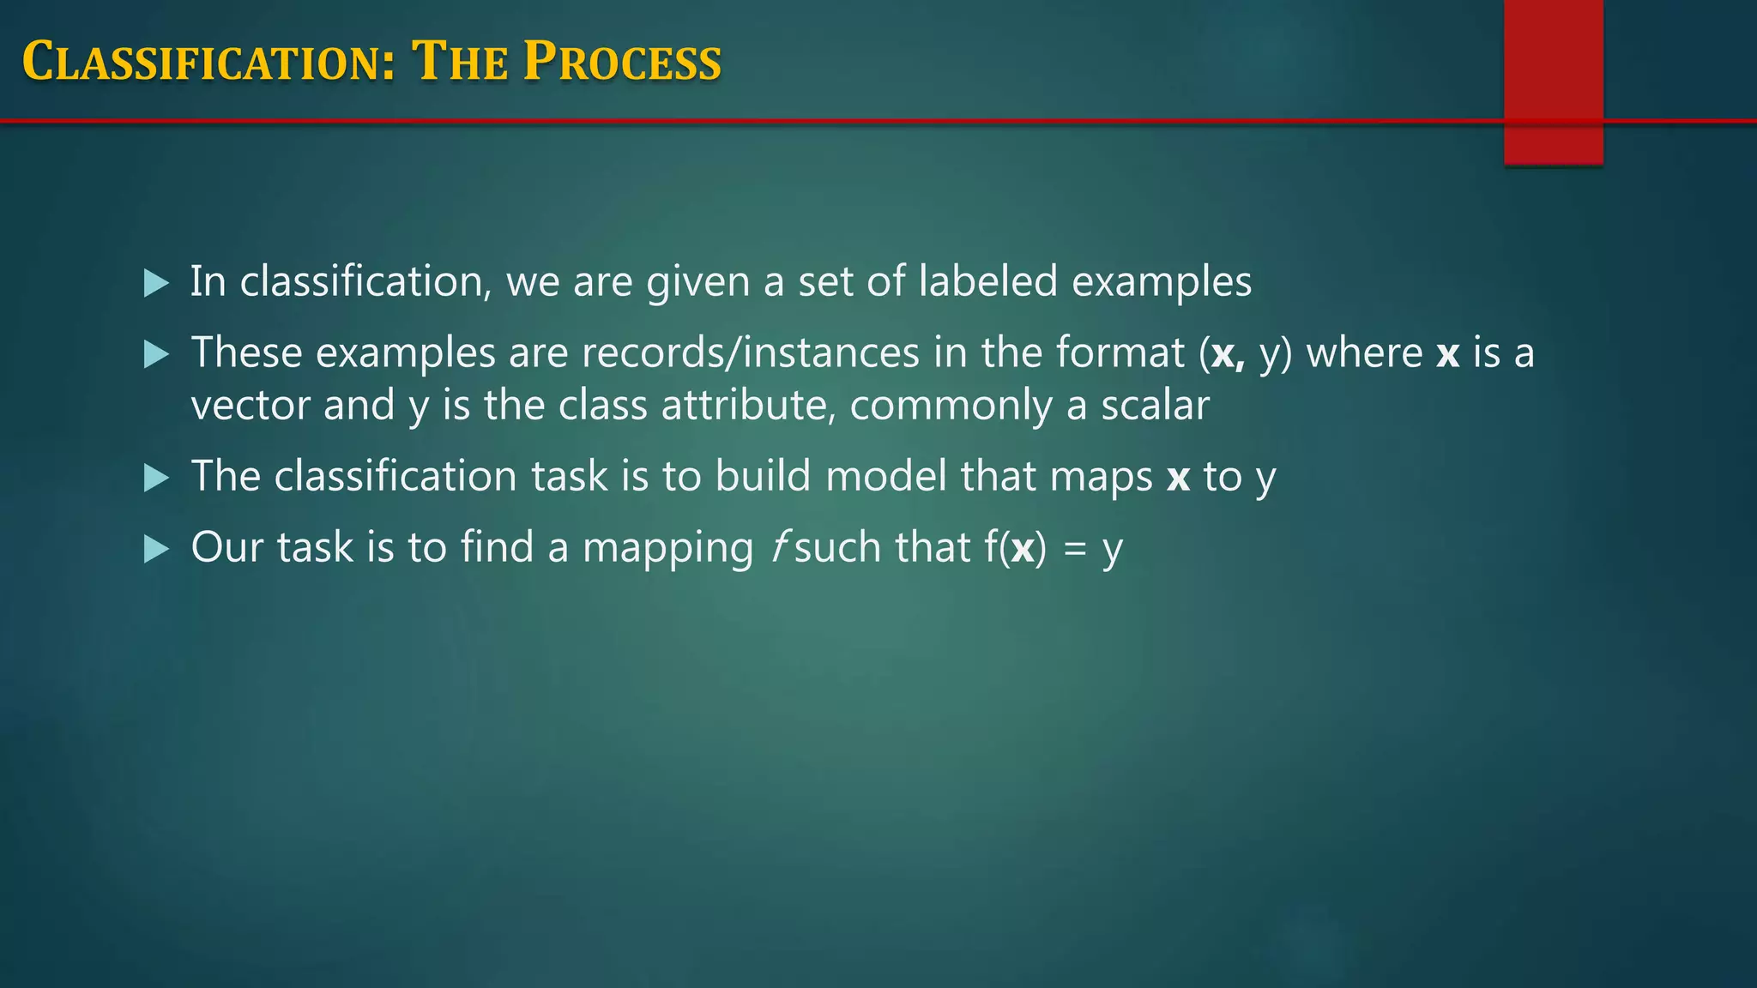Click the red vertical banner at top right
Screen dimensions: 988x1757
1553,81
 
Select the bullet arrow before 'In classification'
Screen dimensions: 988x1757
156,283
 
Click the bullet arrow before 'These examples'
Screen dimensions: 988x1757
156,354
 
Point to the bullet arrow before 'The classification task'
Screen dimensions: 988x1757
156,478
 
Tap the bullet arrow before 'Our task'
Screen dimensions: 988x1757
156,549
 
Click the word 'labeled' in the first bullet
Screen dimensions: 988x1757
987,281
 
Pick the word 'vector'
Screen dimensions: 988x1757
250,405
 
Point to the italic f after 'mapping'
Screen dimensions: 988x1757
779,547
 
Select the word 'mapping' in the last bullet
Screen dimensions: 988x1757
667,549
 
